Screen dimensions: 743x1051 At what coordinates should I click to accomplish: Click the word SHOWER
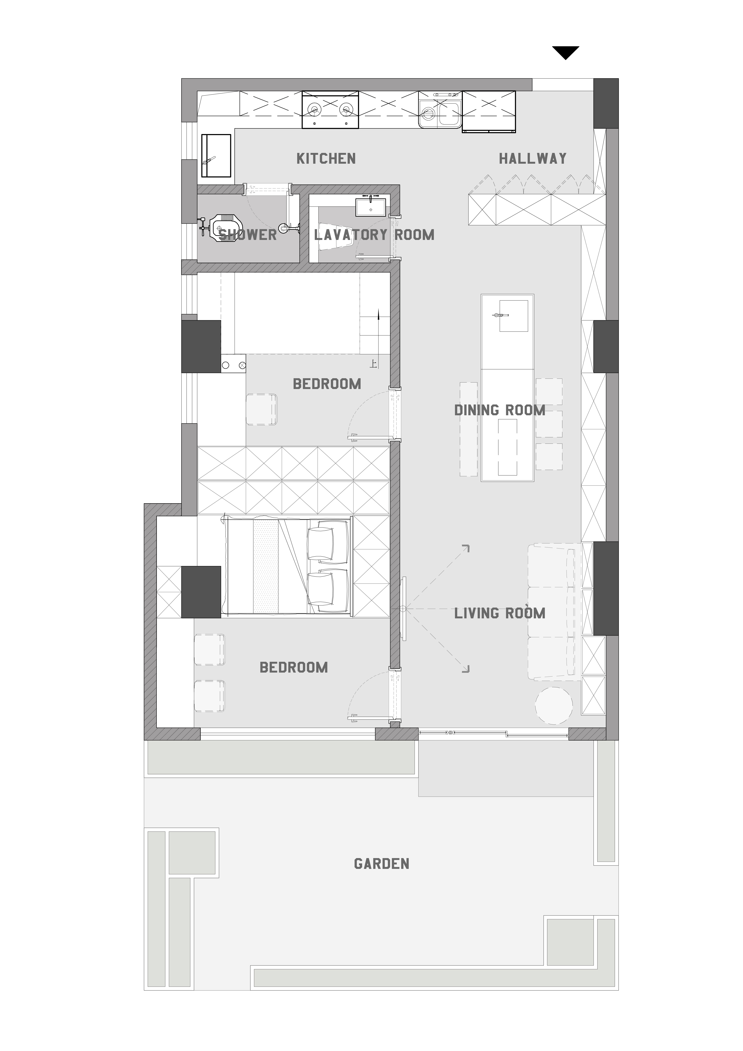(248, 235)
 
